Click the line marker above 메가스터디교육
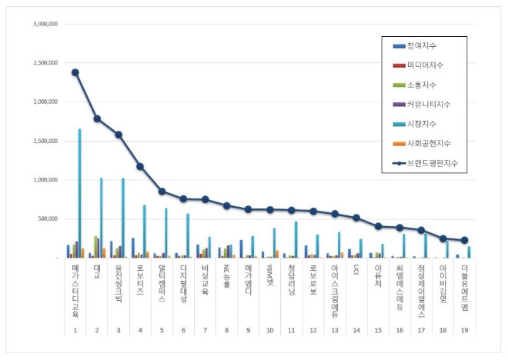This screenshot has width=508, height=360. coord(75,72)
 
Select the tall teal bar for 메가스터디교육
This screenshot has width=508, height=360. coord(79,192)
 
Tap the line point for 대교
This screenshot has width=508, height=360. coord(97,118)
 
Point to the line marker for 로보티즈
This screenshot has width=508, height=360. coord(140,166)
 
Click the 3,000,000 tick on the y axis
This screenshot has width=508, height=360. coord(45,24)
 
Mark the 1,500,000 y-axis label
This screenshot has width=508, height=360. coord(45,141)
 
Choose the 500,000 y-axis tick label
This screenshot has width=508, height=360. coord(48,218)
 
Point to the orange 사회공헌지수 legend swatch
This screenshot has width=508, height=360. coord(398,144)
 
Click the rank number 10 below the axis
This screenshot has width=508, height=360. coord(270,329)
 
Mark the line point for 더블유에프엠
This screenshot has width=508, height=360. coord(464,240)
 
